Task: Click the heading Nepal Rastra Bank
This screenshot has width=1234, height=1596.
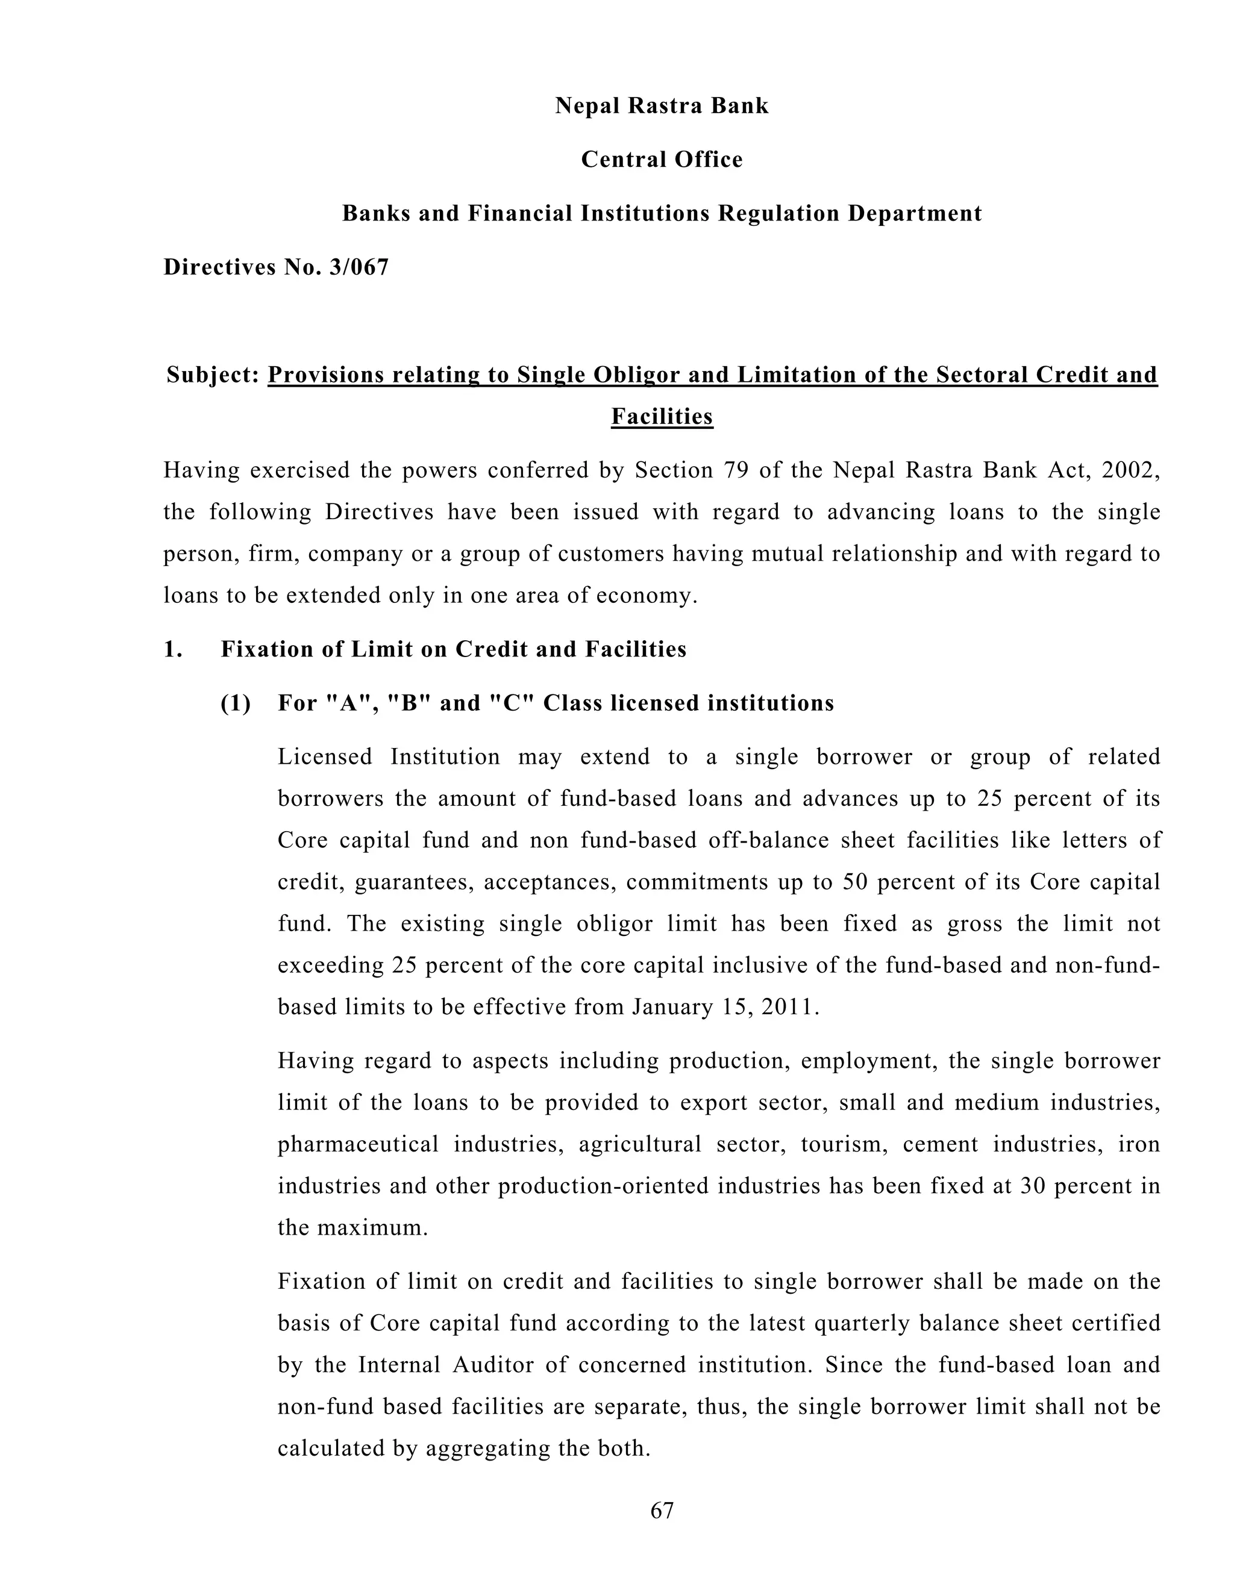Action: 662,106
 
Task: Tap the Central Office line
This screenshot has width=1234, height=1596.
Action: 662,160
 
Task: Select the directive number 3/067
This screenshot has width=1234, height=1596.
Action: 359,267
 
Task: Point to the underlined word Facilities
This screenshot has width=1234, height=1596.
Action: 662,417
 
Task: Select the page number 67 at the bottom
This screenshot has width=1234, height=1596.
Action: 662,1510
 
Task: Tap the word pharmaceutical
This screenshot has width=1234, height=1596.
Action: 359,1144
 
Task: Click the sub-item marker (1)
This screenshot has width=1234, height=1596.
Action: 236,703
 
